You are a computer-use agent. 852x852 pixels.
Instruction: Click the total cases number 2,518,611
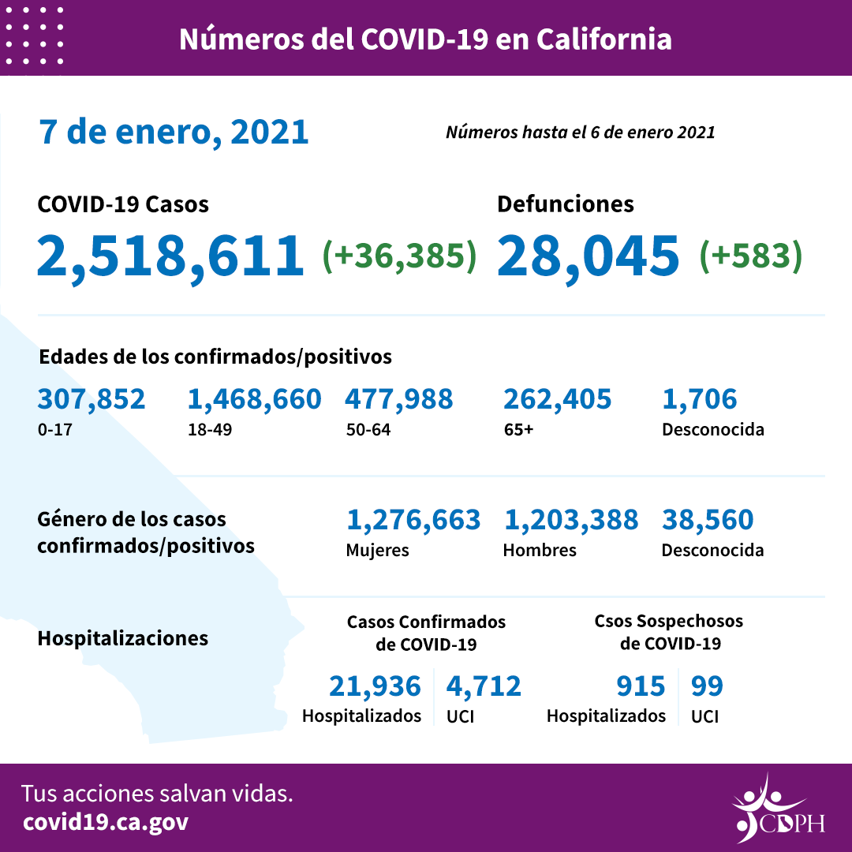170,255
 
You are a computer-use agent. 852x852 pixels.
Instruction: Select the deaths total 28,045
589,255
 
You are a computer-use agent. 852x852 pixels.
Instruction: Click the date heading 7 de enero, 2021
174,132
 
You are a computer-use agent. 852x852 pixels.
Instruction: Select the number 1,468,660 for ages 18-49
254,399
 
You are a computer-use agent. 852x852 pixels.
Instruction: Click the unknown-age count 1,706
699,399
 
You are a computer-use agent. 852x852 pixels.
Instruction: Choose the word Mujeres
377,550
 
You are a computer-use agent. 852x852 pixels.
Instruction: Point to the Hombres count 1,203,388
570,520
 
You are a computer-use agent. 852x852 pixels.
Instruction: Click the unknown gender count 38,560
708,520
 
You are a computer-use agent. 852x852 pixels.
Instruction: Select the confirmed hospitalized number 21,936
375,686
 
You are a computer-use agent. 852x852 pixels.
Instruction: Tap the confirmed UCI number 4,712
484,686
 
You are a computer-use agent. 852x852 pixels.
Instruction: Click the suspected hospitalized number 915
641,686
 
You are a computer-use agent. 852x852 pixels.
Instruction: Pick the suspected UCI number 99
707,686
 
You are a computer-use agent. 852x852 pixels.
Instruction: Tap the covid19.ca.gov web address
106,822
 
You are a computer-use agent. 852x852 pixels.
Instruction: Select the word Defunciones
565,204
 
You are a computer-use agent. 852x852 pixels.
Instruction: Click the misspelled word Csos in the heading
613,621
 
